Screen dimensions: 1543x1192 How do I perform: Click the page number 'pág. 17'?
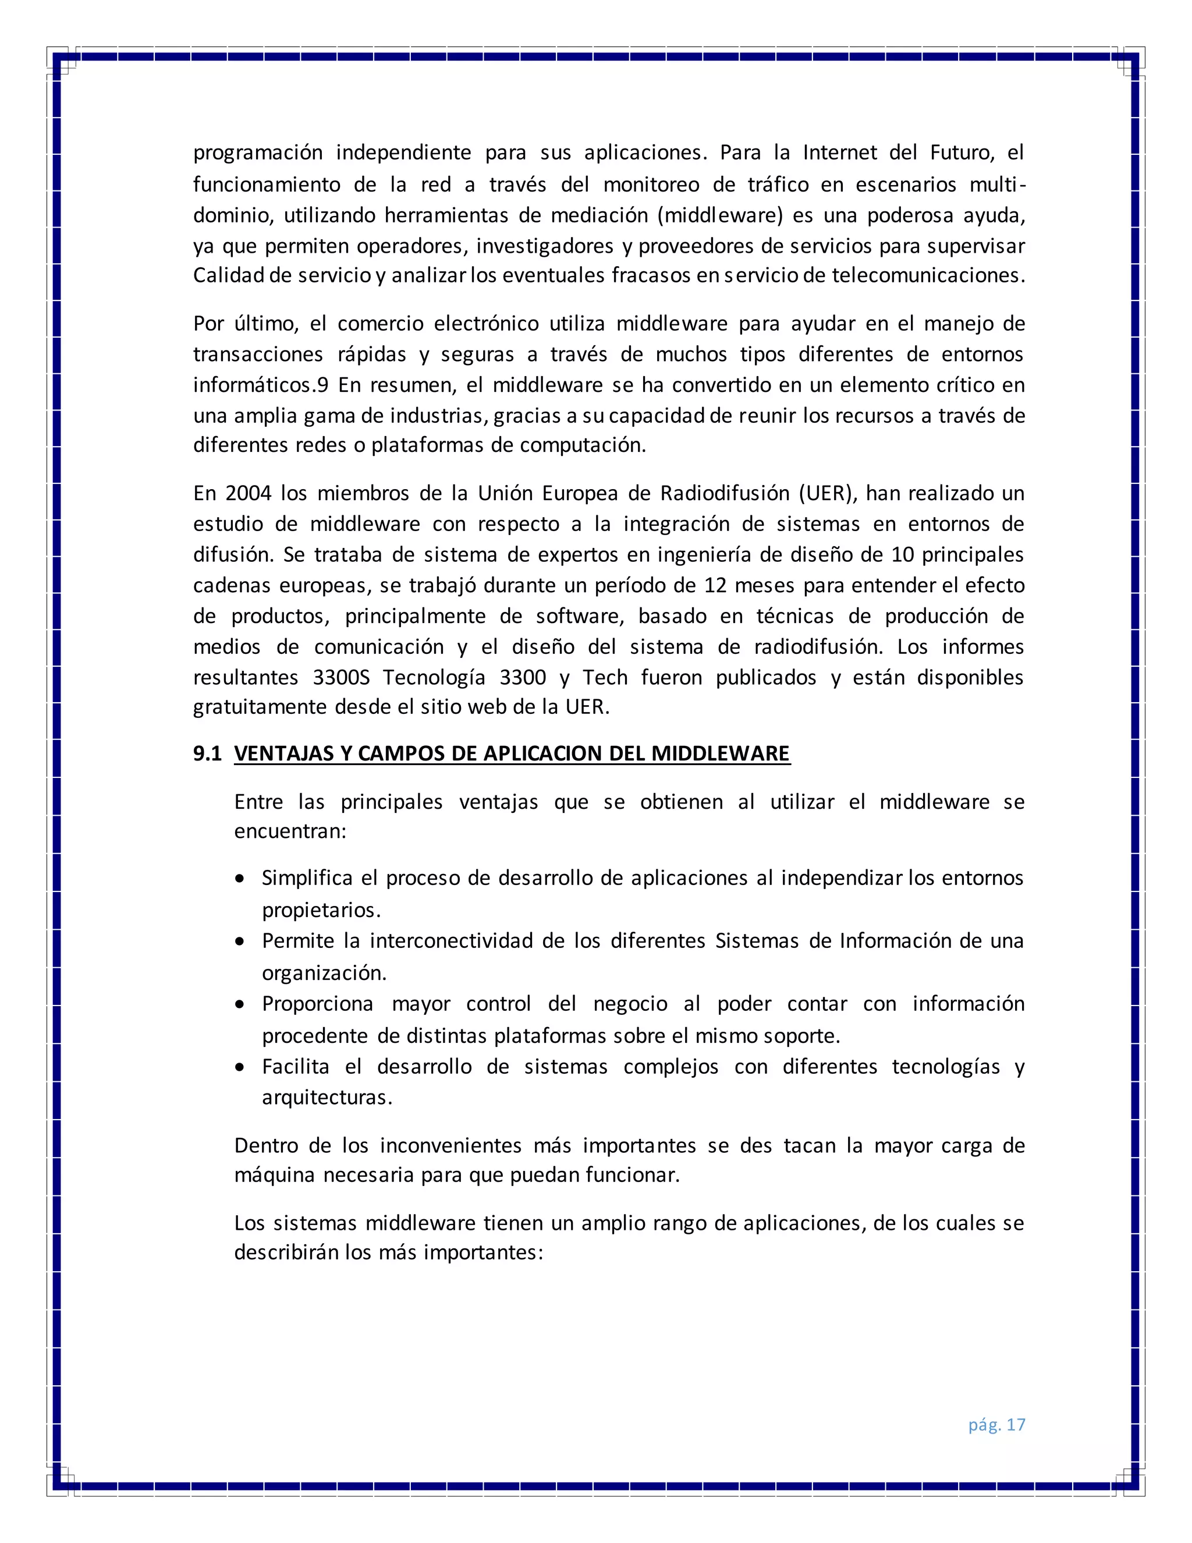coord(996,1424)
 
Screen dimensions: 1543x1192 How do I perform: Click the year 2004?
coord(248,493)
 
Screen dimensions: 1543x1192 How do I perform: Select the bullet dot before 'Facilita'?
coord(241,1067)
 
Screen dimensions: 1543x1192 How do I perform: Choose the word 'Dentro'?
coord(266,1145)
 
